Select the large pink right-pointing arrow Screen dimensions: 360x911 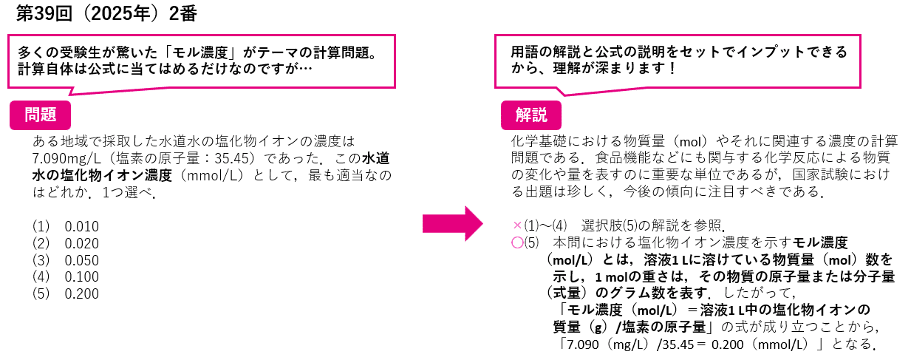[452, 223]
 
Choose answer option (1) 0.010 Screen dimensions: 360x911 [66, 226]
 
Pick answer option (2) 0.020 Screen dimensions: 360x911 [66, 243]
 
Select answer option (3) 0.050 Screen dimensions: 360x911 [66, 259]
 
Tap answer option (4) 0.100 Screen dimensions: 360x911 [66, 276]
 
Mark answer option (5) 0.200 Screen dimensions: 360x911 [66, 293]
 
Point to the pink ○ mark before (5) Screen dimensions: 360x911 [516, 242]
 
